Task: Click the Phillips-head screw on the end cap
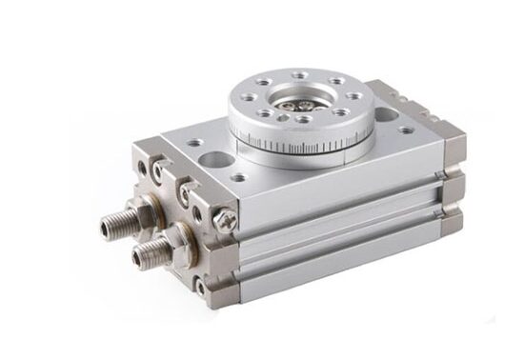coord(228,219)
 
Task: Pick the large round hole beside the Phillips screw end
coord(216,159)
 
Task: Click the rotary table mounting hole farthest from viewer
coord(300,75)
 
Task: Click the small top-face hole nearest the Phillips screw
coord(238,177)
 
